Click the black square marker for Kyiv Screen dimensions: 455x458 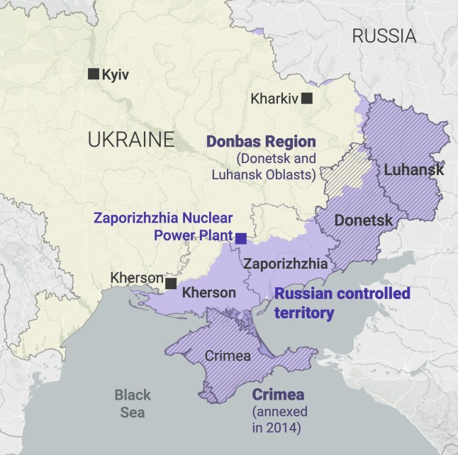click(x=93, y=74)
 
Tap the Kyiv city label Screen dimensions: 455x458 click(x=116, y=74)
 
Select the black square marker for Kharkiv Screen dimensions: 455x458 click(x=307, y=99)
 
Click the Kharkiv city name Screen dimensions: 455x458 click(x=274, y=99)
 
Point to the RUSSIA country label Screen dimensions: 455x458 click(x=384, y=36)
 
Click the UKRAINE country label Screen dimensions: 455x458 click(x=130, y=139)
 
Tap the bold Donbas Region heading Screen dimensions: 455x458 click(x=261, y=141)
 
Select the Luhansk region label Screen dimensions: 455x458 click(x=414, y=170)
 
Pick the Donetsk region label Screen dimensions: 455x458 click(x=363, y=220)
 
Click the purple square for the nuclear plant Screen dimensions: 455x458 click(x=241, y=238)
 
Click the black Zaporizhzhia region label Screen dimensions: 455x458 click(x=285, y=264)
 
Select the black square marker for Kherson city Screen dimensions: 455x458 click(x=171, y=283)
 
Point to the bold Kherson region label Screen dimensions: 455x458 click(x=209, y=293)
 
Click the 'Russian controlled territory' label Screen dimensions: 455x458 click(x=342, y=303)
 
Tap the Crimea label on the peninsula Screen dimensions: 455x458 click(x=227, y=356)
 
